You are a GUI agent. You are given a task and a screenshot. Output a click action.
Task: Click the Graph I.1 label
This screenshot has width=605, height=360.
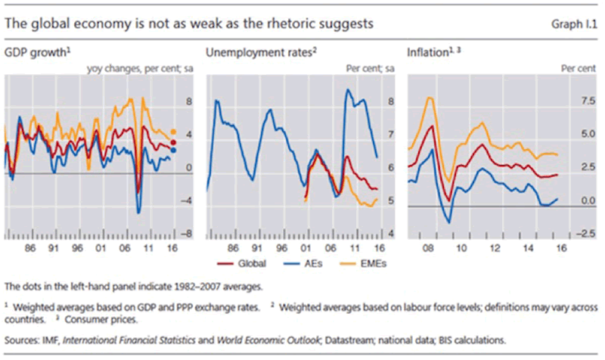576,24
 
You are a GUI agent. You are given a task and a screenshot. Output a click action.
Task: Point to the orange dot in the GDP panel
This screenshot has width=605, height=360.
173,132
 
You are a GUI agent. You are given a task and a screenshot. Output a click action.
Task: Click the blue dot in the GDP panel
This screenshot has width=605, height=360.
173,150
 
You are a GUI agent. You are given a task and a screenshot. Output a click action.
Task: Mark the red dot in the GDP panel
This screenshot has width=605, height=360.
173,141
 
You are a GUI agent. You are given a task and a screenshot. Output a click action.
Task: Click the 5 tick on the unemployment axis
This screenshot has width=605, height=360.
390,201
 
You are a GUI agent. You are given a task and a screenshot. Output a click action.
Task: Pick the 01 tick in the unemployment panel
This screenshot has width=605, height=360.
305,247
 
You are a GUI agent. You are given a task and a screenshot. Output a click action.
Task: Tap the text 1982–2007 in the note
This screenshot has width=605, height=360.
168,286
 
